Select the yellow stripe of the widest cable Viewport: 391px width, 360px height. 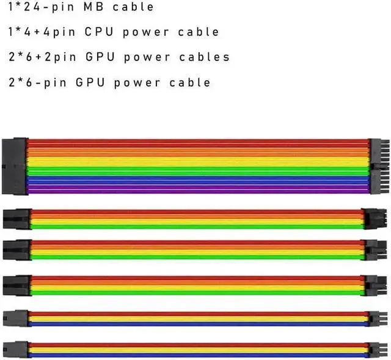click(x=183, y=160)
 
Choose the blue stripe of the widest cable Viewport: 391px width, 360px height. click(x=183, y=180)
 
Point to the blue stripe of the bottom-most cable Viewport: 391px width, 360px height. click(x=183, y=354)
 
